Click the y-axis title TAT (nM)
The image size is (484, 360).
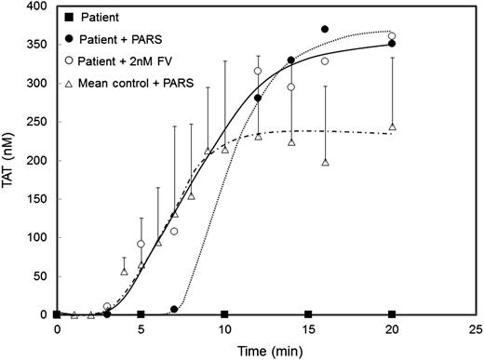pos(10,160)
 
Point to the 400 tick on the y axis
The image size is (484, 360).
pos(35,6)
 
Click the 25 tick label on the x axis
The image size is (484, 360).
pos(475,328)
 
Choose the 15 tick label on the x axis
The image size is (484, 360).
pos(308,328)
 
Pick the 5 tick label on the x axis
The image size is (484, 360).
pos(141,328)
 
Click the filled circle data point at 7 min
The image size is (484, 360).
pos(174,309)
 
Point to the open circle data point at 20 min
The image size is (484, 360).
pos(392,36)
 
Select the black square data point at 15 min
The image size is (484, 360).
pos(308,314)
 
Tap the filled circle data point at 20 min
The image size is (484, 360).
pos(392,44)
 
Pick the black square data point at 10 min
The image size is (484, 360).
pos(224,314)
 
